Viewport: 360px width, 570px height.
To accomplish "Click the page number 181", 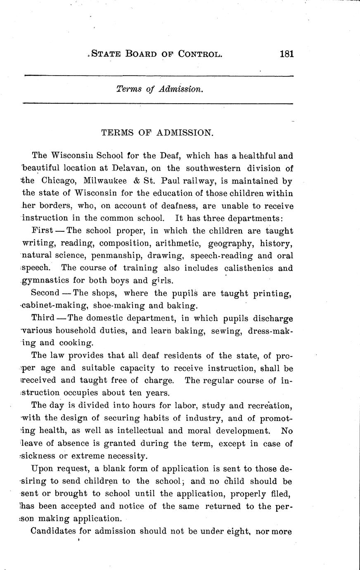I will click(286, 54).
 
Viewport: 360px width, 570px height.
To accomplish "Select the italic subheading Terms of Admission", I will click(160, 89).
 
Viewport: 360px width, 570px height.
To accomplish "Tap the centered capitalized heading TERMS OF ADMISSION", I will click(157, 133).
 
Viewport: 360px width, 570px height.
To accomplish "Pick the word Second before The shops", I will click(45, 293).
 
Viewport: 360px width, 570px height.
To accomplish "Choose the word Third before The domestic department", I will click(43, 318).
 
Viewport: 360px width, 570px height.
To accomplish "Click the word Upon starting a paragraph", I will click(42, 468).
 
